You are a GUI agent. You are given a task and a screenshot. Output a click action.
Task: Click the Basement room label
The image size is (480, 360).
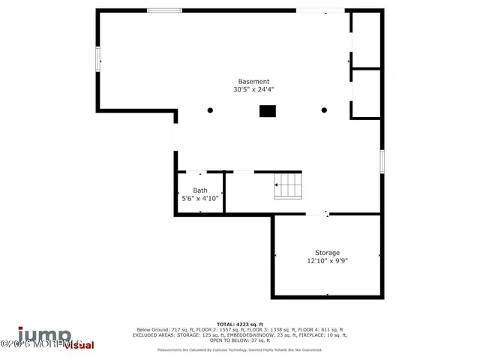(253, 81)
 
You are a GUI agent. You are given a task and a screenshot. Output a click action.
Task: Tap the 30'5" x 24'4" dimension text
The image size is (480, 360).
(253, 89)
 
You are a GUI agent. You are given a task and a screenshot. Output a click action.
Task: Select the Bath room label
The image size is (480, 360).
(200, 190)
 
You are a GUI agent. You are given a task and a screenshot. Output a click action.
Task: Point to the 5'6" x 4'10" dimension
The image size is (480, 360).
(200, 199)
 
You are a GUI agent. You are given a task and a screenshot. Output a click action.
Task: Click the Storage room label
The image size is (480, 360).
(327, 253)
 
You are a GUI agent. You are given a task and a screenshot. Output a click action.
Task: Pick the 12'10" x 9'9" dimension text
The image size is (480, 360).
(327, 261)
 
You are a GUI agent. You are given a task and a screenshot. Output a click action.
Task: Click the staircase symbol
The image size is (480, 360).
(287, 186)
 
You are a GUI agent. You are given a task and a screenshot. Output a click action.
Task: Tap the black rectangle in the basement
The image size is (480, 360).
(267, 110)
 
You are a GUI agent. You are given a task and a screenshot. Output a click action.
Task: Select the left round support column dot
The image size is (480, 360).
(210, 110)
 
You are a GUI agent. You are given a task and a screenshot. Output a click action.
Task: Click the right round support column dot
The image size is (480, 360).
(324, 110)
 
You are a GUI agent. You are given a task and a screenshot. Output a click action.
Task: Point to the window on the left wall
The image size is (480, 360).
(97, 58)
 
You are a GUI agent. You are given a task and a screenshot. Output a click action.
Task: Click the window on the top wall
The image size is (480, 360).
(164, 10)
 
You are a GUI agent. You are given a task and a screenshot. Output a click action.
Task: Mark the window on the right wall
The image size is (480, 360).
(382, 160)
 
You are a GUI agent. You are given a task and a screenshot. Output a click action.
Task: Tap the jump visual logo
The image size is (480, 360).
(56, 338)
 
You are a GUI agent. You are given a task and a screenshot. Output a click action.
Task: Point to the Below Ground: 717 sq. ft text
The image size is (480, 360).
(161, 330)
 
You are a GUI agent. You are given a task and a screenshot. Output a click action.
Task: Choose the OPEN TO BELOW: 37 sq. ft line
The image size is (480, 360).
(239, 340)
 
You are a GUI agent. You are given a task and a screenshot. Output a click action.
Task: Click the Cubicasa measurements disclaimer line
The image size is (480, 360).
(239, 349)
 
